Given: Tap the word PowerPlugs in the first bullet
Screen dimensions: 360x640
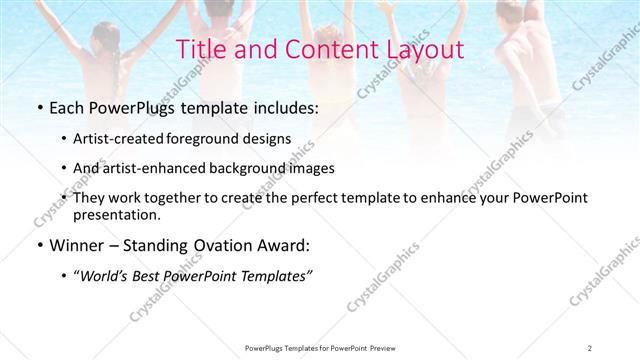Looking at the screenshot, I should (x=129, y=105).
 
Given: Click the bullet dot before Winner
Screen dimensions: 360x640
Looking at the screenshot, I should (x=38, y=245).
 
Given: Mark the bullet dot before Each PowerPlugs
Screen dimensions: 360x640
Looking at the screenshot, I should (x=38, y=106).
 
